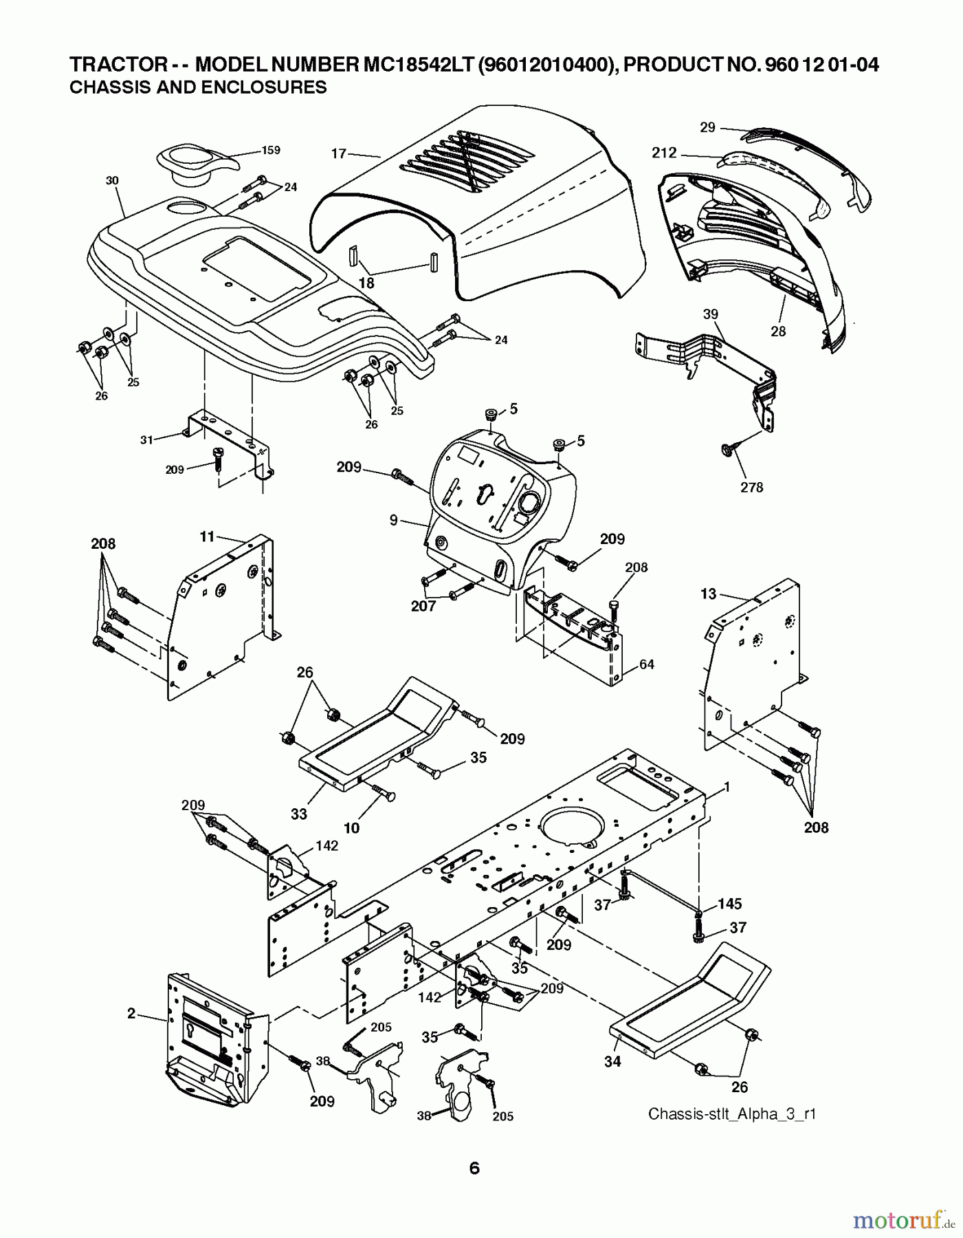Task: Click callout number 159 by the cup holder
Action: tap(271, 150)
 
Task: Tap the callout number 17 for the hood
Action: tap(339, 153)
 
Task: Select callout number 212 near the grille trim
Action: tap(664, 153)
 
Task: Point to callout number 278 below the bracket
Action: tap(751, 487)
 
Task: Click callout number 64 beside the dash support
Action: tap(646, 664)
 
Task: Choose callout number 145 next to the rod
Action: tap(730, 903)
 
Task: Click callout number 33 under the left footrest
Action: tap(298, 814)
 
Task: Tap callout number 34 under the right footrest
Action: tap(612, 1061)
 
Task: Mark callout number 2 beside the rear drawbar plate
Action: tap(131, 1013)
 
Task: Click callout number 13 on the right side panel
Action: tap(708, 594)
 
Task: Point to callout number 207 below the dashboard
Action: tap(423, 606)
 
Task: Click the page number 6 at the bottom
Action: tap(474, 1168)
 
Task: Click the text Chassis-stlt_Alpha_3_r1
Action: tap(731, 1114)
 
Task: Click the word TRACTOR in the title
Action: tap(115, 65)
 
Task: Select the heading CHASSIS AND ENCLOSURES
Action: tap(198, 87)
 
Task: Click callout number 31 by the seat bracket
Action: tap(146, 439)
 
